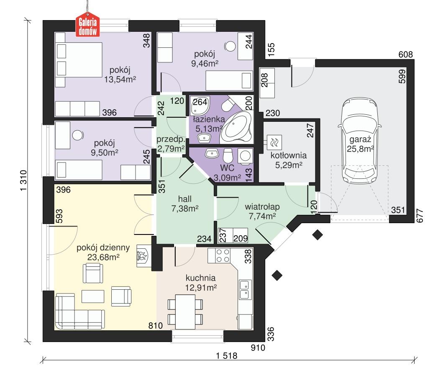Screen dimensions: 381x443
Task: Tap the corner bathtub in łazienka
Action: pos(236,127)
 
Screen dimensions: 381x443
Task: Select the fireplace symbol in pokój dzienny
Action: pos(142,256)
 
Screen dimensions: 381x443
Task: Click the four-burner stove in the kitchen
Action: pos(222,255)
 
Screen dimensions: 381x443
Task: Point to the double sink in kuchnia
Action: pos(244,289)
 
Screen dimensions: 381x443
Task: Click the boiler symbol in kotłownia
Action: pos(275,142)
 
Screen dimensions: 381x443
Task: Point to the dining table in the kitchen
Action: pos(184,311)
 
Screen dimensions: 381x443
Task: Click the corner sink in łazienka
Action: pos(197,106)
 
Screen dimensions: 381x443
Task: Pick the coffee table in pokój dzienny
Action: pos(92,296)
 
